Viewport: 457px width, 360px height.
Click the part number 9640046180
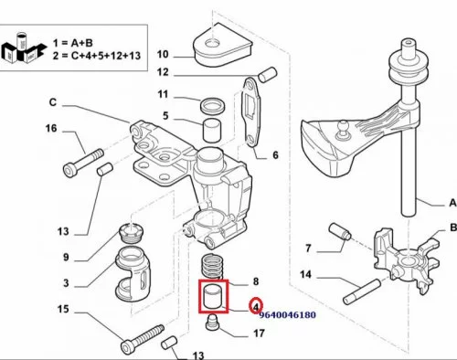[287, 315]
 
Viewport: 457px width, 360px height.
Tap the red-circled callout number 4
[256, 306]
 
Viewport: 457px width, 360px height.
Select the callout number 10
[163, 54]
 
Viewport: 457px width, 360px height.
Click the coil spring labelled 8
[211, 267]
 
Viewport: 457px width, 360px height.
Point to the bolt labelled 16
[83, 163]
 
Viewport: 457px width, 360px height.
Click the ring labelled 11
[212, 105]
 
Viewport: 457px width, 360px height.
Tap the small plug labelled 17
[212, 323]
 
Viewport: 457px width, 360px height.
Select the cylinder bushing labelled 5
[212, 131]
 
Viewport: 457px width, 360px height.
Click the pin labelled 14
[362, 291]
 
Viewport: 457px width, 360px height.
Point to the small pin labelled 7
[340, 232]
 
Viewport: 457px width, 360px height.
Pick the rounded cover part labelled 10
[222, 46]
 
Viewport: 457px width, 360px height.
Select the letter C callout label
[53, 102]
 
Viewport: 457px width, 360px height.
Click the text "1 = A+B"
[73, 43]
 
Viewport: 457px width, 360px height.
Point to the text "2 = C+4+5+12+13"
[97, 56]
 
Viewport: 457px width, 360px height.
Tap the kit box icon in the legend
[24, 48]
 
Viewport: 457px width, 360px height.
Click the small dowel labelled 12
[268, 74]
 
